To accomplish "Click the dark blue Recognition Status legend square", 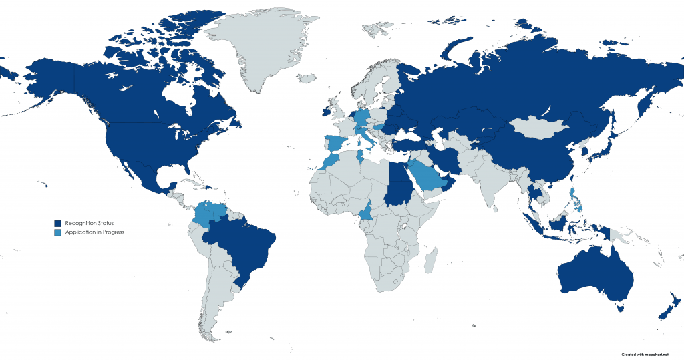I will (58, 222).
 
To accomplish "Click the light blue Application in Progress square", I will (58, 232).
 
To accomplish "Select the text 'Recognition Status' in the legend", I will (90, 222).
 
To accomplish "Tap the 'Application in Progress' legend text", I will (95, 232).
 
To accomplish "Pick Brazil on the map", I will (247, 247).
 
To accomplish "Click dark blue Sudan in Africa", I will (399, 190).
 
